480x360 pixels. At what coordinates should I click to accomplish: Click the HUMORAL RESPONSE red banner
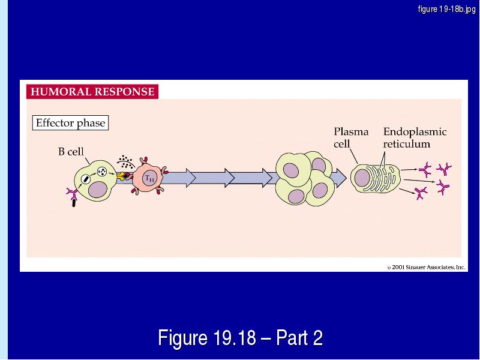(x=92, y=92)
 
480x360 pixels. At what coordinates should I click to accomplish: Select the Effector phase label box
(x=70, y=123)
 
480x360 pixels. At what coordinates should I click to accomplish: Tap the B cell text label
(x=71, y=152)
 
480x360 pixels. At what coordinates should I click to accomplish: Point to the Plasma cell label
(x=351, y=138)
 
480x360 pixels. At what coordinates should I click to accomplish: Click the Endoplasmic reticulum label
(x=415, y=138)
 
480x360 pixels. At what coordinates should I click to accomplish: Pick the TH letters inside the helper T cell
(x=149, y=178)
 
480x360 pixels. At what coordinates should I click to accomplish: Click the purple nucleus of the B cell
(x=98, y=190)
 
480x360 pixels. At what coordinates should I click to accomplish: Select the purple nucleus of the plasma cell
(x=362, y=177)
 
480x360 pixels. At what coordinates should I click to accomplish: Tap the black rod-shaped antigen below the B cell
(x=73, y=203)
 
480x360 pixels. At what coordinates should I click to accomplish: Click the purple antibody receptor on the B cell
(x=72, y=194)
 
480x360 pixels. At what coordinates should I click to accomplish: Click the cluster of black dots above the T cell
(x=125, y=162)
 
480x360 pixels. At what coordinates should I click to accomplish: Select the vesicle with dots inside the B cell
(x=102, y=172)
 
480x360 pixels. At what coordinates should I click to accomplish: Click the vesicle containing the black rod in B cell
(x=86, y=179)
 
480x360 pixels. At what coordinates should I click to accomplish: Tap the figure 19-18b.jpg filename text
(x=446, y=9)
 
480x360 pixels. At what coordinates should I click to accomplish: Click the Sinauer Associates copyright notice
(x=426, y=267)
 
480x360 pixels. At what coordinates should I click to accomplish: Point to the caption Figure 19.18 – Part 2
(x=241, y=338)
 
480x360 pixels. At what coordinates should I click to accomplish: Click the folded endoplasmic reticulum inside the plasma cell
(x=381, y=178)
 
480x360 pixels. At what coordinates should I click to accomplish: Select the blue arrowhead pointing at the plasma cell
(x=339, y=178)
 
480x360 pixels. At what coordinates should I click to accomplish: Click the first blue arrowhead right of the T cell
(x=191, y=178)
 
